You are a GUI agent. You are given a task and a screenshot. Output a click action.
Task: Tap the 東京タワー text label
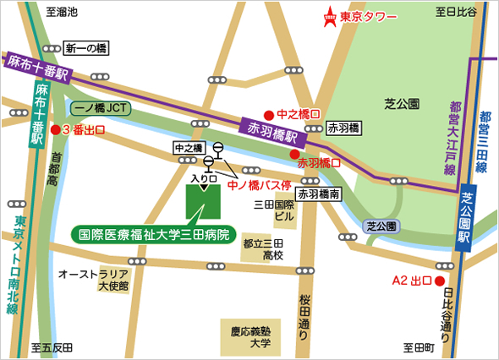tap(370, 17)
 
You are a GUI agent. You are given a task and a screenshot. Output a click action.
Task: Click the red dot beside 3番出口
tap(56, 129)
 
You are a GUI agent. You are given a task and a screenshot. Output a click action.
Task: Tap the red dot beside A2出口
tap(439, 281)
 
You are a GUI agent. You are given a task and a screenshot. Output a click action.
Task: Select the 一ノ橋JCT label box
tap(101, 109)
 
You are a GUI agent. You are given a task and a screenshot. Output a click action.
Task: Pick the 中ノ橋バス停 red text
tap(261, 184)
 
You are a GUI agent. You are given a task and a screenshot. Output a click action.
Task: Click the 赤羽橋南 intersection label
tap(319, 194)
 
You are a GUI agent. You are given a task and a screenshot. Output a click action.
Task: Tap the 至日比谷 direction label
tap(456, 11)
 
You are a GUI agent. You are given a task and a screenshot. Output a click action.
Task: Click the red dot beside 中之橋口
tap(268, 114)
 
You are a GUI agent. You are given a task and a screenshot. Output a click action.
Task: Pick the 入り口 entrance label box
tap(205, 178)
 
